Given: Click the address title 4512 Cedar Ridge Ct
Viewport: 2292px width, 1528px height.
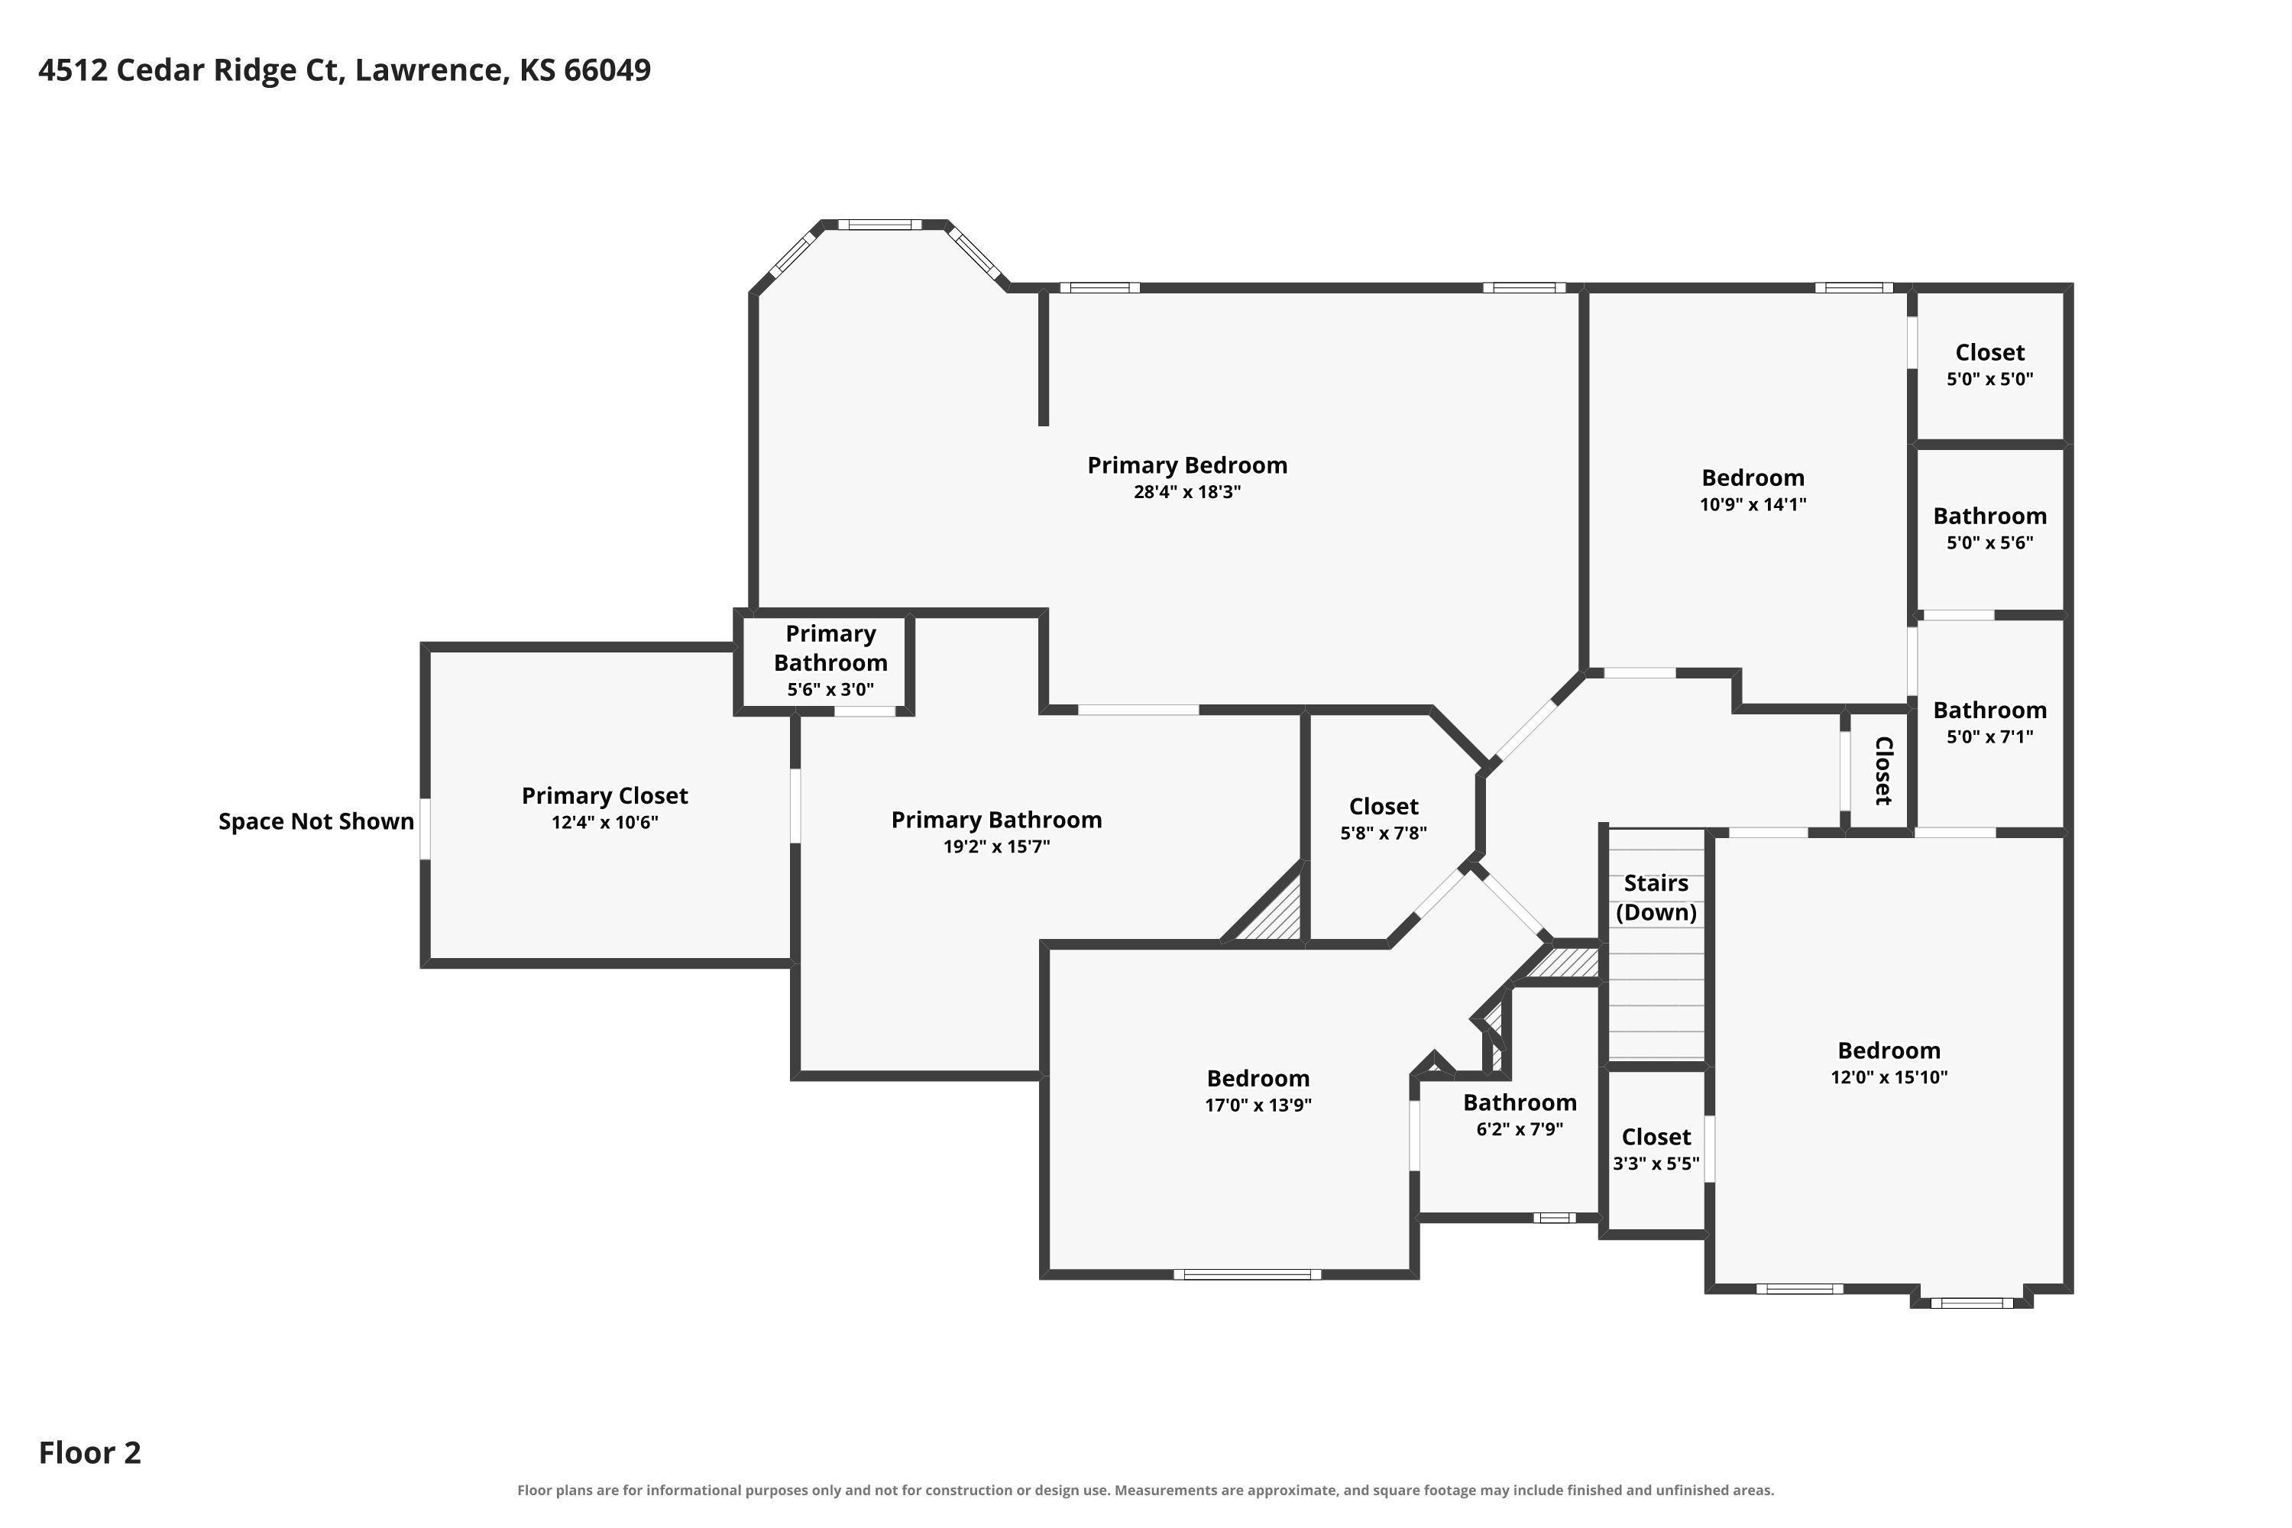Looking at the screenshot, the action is [x=191, y=70].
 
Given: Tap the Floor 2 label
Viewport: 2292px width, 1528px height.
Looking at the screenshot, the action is [x=89, y=1452].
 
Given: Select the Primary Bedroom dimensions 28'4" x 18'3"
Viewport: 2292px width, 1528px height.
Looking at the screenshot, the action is [x=1187, y=492].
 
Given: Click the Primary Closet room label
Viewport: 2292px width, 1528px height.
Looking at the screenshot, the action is [x=604, y=795].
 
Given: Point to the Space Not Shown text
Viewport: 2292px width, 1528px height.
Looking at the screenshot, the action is [x=316, y=821].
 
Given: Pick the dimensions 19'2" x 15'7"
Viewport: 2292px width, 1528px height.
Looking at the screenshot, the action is [x=996, y=847].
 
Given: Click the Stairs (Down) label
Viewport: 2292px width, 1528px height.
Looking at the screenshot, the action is [x=1656, y=898].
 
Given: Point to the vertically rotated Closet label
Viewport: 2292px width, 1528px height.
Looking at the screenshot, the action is [x=1882, y=771].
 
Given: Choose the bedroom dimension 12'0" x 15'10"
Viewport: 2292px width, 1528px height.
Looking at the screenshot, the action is [x=1889, y=1076].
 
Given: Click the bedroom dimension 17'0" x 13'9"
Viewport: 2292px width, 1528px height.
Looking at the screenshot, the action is [x=1258, y=1105].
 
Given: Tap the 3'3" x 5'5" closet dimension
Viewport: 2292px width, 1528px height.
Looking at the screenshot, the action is [x=1656, y=1164].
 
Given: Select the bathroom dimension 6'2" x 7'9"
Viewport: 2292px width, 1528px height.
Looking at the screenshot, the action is [x=1520, y=1129].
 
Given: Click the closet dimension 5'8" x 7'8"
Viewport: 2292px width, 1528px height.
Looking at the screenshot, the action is [x=1383, y=834].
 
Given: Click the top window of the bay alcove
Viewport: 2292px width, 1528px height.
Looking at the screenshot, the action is [x=879, y=225].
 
